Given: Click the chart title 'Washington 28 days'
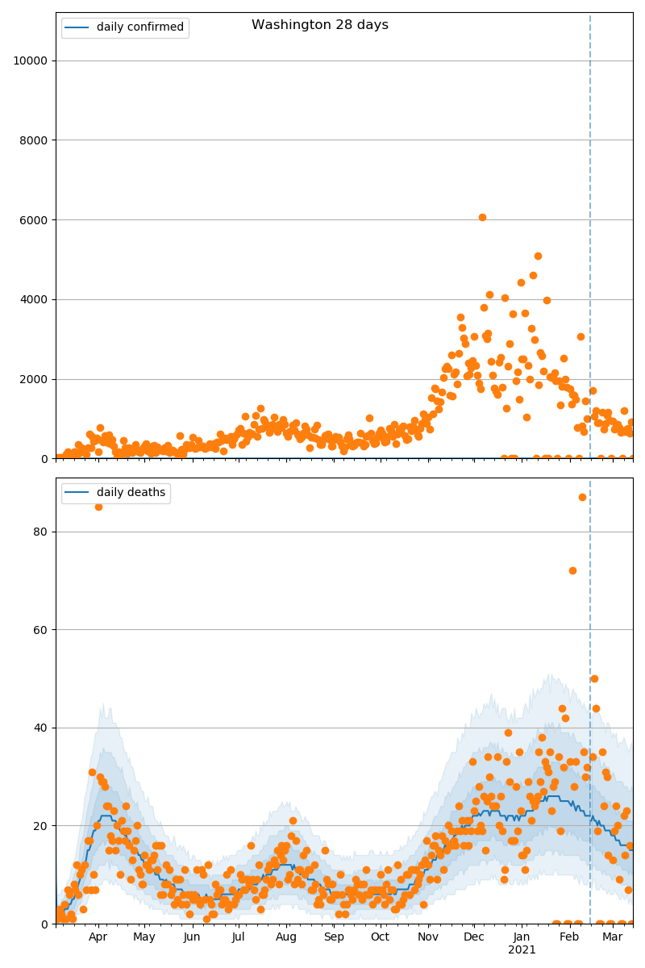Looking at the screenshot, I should point(320,25).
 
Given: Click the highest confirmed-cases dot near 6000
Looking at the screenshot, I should point(482,217).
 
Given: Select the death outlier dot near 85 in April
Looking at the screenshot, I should point(98,507).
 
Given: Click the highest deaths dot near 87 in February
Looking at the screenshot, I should point(582,497).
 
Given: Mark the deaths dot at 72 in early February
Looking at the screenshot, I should point(572,570).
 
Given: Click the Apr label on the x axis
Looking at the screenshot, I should point(98,937).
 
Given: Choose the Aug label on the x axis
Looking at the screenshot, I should point(286,937).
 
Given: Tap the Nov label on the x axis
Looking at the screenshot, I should point(427,937).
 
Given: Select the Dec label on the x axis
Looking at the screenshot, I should point(474,937).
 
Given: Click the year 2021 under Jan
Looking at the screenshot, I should point(522,949).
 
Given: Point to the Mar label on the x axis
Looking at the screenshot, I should point(612,937).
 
